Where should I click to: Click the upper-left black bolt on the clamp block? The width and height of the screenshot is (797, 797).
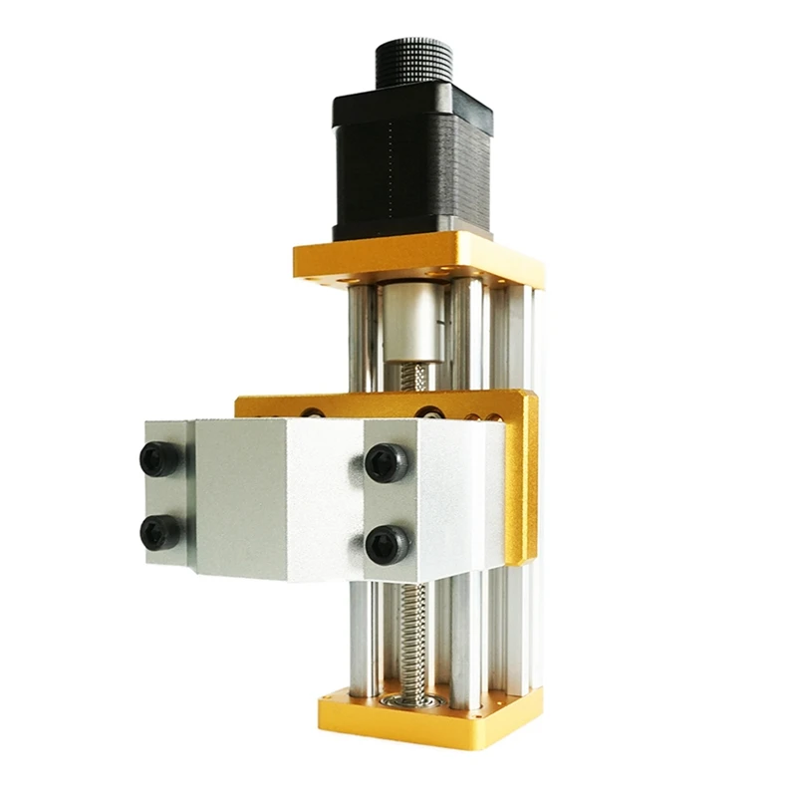(161, 457)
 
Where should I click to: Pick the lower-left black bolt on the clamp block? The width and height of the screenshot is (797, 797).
(160, 531)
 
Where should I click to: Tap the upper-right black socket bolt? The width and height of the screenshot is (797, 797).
(386, 462)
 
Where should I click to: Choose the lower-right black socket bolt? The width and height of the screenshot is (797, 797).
(385, 543)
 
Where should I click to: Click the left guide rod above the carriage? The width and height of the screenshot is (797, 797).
(363, 339)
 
